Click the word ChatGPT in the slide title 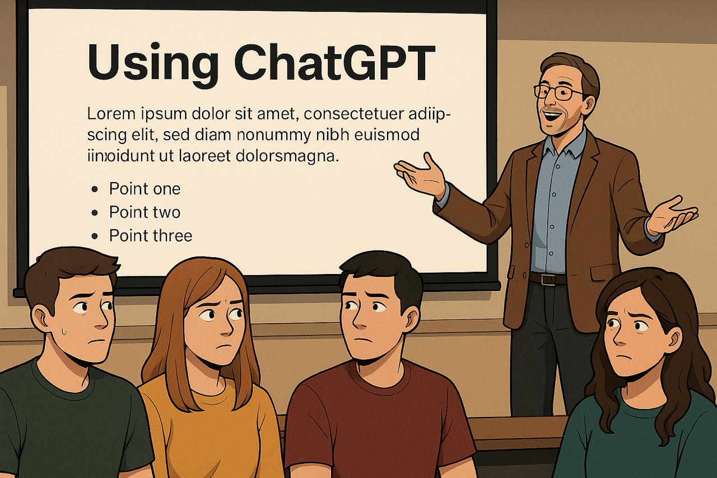coord(334,62)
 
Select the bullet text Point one coord(145,189)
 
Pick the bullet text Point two coord(145,212)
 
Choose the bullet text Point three coord(151,236)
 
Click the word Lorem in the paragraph coord(111,114)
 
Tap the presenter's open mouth coord(551,115)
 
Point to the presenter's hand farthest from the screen coord(672,216)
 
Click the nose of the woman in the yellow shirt coord(227,327)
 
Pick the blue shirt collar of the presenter coord(564,143)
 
